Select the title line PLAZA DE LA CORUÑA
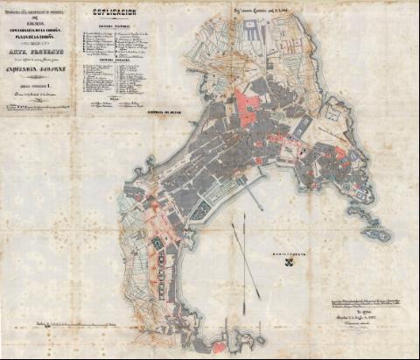click(x=38, y=42)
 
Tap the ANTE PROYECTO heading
click(x=38, y=55)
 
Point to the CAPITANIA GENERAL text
click(x=38, y=73)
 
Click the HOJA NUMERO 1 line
click(x=38, y=84)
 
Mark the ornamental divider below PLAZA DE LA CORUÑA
click(x=38, y=48)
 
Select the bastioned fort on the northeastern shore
click(x=338, y=114)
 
